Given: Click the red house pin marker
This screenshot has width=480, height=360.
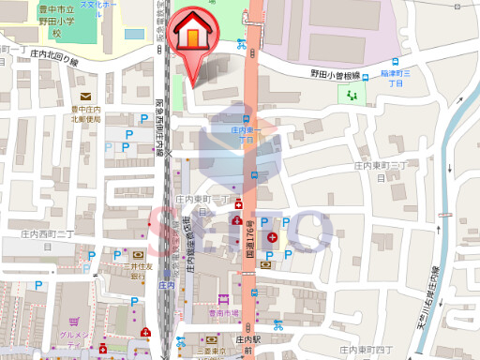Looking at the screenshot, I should [x=193, y=37].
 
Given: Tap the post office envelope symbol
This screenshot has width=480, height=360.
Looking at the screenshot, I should [x=85, y=97].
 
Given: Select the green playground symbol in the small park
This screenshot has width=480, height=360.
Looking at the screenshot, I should [x=352, y=96].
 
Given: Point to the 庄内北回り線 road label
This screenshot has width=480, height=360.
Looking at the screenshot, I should [x=53, y=57].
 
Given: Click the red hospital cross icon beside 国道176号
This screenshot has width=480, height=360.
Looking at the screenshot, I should [x=272, y=238].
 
